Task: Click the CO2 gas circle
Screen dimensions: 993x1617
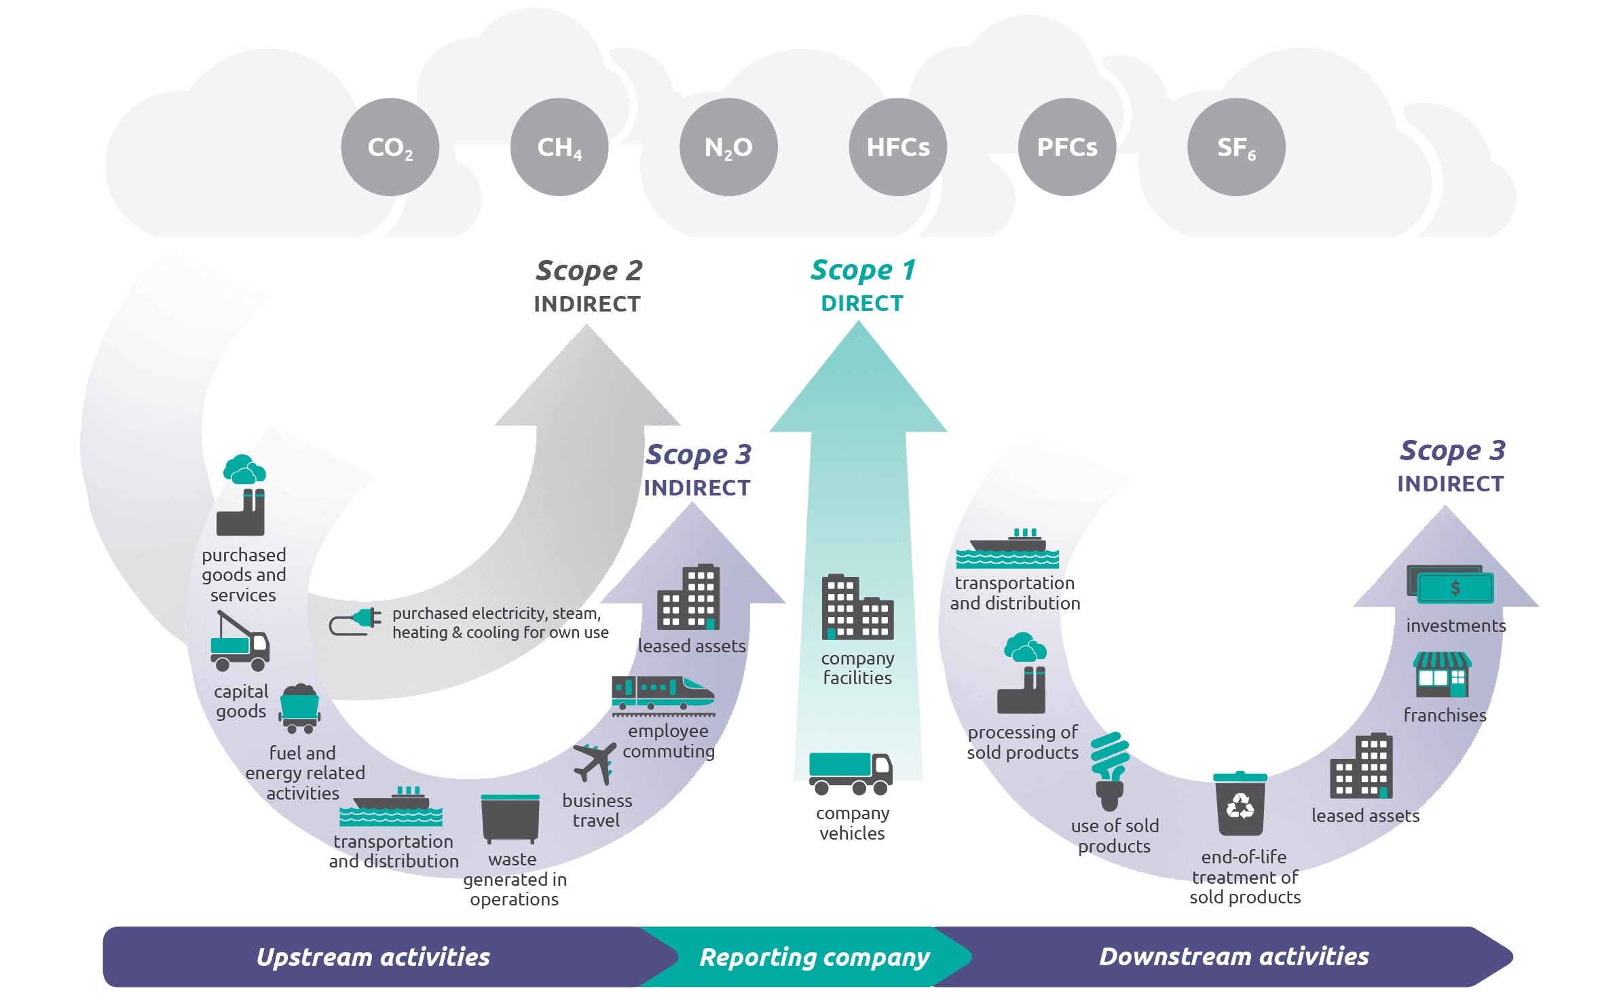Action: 390,147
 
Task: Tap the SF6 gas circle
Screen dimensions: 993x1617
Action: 1235,147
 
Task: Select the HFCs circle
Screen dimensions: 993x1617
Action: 897,147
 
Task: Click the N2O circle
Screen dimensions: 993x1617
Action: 728,147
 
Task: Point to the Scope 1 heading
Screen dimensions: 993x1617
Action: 863,270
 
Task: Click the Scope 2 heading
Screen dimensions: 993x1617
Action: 588,271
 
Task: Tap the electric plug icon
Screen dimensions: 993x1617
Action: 356,621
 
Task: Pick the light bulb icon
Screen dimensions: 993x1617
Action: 1109,771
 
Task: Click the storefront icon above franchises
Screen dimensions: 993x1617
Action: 1442,675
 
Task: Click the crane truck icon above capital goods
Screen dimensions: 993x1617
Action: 239,641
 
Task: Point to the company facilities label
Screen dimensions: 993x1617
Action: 857,668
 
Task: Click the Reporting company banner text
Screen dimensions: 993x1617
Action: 814,957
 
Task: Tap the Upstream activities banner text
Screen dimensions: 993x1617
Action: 373,957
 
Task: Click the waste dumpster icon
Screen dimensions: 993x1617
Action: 510,818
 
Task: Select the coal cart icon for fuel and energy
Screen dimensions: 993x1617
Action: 299,709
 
